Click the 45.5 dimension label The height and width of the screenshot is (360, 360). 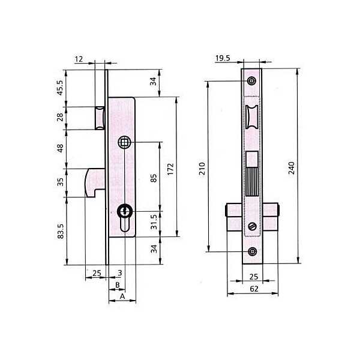(x=59, y=88)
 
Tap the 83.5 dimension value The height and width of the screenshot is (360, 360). (x=61, y=231)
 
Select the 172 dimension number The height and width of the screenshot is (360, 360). (x=170, y=169)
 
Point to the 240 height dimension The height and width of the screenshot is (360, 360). (x=292, y=168)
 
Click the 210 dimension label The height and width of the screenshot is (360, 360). (x=202, y=169)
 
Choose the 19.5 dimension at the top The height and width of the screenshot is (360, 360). (x=223, y=58)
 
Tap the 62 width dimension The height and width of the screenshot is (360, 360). (x=254, y=289)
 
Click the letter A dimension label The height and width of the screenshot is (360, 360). (x=122, y=296)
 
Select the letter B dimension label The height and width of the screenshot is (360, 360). (x=118, y=285)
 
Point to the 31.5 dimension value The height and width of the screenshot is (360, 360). (x=154, y=222)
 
